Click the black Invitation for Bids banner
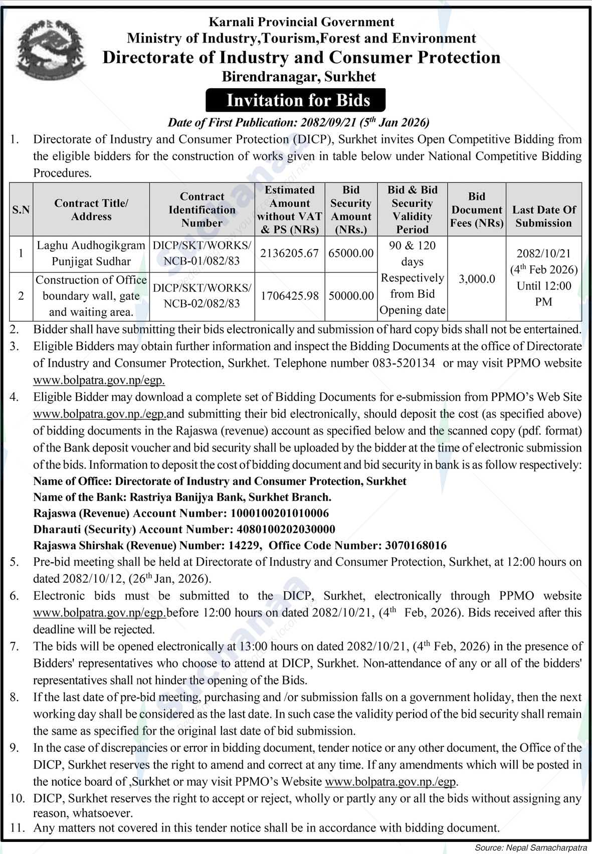click(298, 100)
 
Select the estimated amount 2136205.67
click(289, 254)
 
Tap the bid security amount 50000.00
click(351, 296)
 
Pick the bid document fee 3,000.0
click(476, 279)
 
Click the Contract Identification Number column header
click(202, 209)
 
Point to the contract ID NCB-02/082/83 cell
click(202, 296)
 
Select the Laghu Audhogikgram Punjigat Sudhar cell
click(91, 254)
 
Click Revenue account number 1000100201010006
click(279, 513)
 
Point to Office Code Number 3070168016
click(416, 545)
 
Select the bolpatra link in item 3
click(99, 380)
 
